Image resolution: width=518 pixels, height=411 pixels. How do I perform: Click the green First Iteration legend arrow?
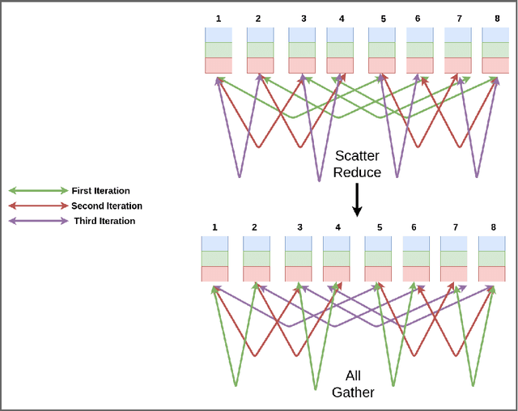tap(38, 191)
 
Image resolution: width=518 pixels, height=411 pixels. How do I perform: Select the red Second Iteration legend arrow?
tap(38, 206)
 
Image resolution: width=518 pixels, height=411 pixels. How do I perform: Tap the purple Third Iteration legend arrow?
tap(38, 221)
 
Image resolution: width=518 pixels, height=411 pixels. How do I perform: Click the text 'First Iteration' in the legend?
tap(100, 191)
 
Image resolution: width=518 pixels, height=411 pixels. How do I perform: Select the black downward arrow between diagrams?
tap(355, 199)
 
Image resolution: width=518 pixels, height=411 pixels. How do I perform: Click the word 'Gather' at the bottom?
tap(353, 394)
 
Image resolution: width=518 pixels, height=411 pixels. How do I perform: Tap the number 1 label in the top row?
tap(218, 18)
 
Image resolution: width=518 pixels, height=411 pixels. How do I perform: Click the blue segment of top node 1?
tap(218, 35)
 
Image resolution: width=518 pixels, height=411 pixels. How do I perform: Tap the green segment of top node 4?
tap(340, 49)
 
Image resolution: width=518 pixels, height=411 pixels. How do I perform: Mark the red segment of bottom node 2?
tap(255, 273)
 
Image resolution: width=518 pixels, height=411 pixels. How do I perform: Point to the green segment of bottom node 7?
tap(453, 258)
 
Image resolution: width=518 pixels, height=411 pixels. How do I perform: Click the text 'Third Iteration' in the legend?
tap(104, 221)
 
